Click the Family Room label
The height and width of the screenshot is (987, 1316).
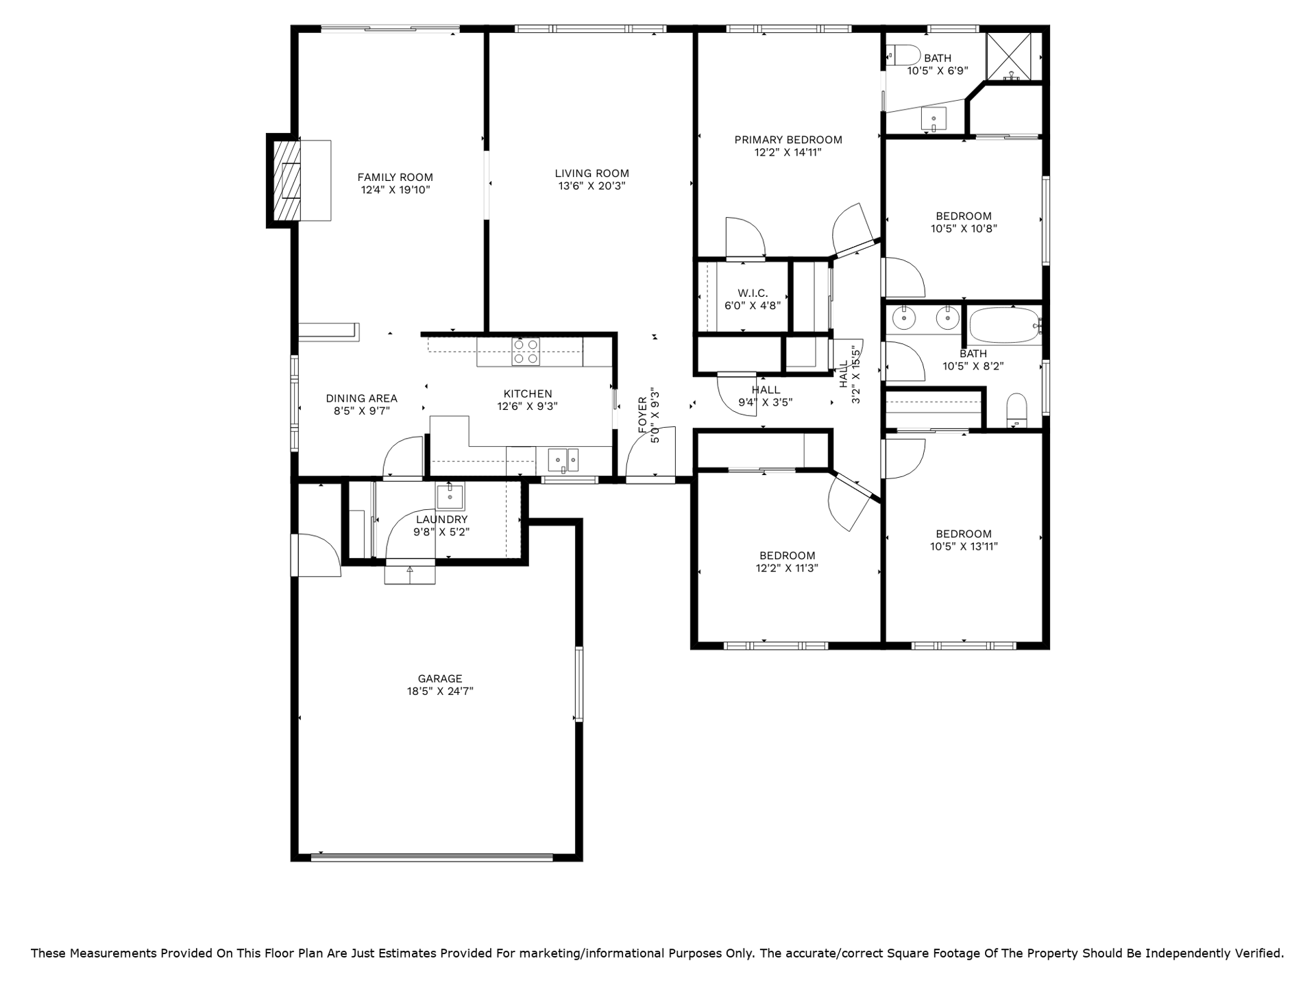pyautogui.click(x=395, y=178)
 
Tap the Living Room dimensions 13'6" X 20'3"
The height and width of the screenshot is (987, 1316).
pyautogui.click(x=592, y=186)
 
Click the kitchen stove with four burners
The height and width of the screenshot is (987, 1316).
pyautogui.click(x=526, y=352)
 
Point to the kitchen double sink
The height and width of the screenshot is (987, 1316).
pyautogui.click(x=563, y=459)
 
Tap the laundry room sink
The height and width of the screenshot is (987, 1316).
pyautogui.click(x=450, y=496)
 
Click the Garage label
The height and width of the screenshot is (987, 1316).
pyautogui.click(x=440, y=679)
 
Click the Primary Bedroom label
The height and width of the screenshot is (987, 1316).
pyautogui.click(x=788, y=140)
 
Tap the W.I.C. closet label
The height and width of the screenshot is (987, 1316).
pyautogui.click(x=753, y=293)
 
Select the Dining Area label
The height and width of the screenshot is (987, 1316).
pyautogui.click(x=361, y=398)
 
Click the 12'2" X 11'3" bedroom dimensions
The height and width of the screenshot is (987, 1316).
pyautogui.click(x=787, y=568)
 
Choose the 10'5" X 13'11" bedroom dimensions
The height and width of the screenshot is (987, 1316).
pyautogui.click(x=964, y=546)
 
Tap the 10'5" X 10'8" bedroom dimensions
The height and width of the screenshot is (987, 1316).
pyautogui.click(x=964, y=229)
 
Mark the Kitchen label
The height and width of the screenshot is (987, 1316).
pyautogui.click(x=528, y=393)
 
